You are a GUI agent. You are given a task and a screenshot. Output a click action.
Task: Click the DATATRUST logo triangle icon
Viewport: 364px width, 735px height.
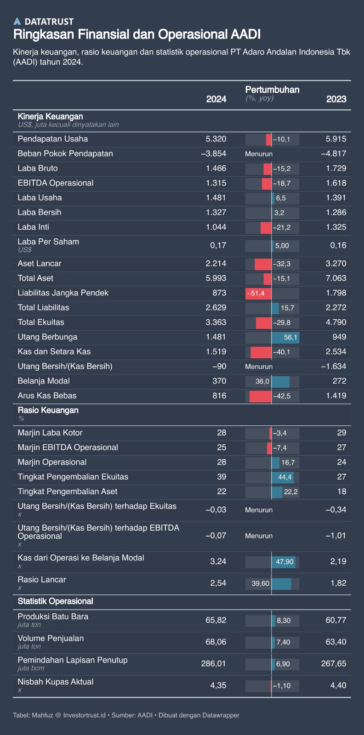click(17, 21)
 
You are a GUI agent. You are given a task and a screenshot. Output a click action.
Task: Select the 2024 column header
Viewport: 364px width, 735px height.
click(216, 99)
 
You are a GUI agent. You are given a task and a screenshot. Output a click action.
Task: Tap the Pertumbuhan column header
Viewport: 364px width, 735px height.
click(272, 90)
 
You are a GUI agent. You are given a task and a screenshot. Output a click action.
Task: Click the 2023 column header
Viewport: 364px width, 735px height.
click(336, 99)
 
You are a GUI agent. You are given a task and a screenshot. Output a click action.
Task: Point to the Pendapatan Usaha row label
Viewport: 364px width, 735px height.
click(52, 139)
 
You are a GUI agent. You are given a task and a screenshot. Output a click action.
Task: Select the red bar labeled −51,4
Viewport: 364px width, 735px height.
click(258, 293)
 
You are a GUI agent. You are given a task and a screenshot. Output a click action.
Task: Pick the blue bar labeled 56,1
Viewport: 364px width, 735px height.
click(285, 337)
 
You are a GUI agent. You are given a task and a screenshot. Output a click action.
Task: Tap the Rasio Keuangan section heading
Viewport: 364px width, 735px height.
click(48, 410)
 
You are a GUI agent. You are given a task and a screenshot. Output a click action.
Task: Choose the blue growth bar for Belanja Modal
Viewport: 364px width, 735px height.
click(280, 381)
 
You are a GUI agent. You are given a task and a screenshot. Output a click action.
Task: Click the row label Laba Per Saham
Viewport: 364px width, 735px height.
click(48, 242)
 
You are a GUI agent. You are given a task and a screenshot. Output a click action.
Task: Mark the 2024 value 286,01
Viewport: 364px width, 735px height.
click(214, 663)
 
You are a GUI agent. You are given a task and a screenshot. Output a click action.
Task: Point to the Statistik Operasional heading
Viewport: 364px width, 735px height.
click(55, 601)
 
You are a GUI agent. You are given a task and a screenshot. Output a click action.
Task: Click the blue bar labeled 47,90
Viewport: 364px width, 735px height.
click(284, 561)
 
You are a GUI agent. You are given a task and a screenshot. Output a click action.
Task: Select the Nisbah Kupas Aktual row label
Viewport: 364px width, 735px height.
click(55, 682)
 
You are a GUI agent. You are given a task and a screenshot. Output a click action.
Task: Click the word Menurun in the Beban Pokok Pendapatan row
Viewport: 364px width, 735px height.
click(259, 154)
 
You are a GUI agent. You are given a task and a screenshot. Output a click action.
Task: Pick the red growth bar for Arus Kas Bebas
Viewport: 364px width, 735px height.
click(260, 396)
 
